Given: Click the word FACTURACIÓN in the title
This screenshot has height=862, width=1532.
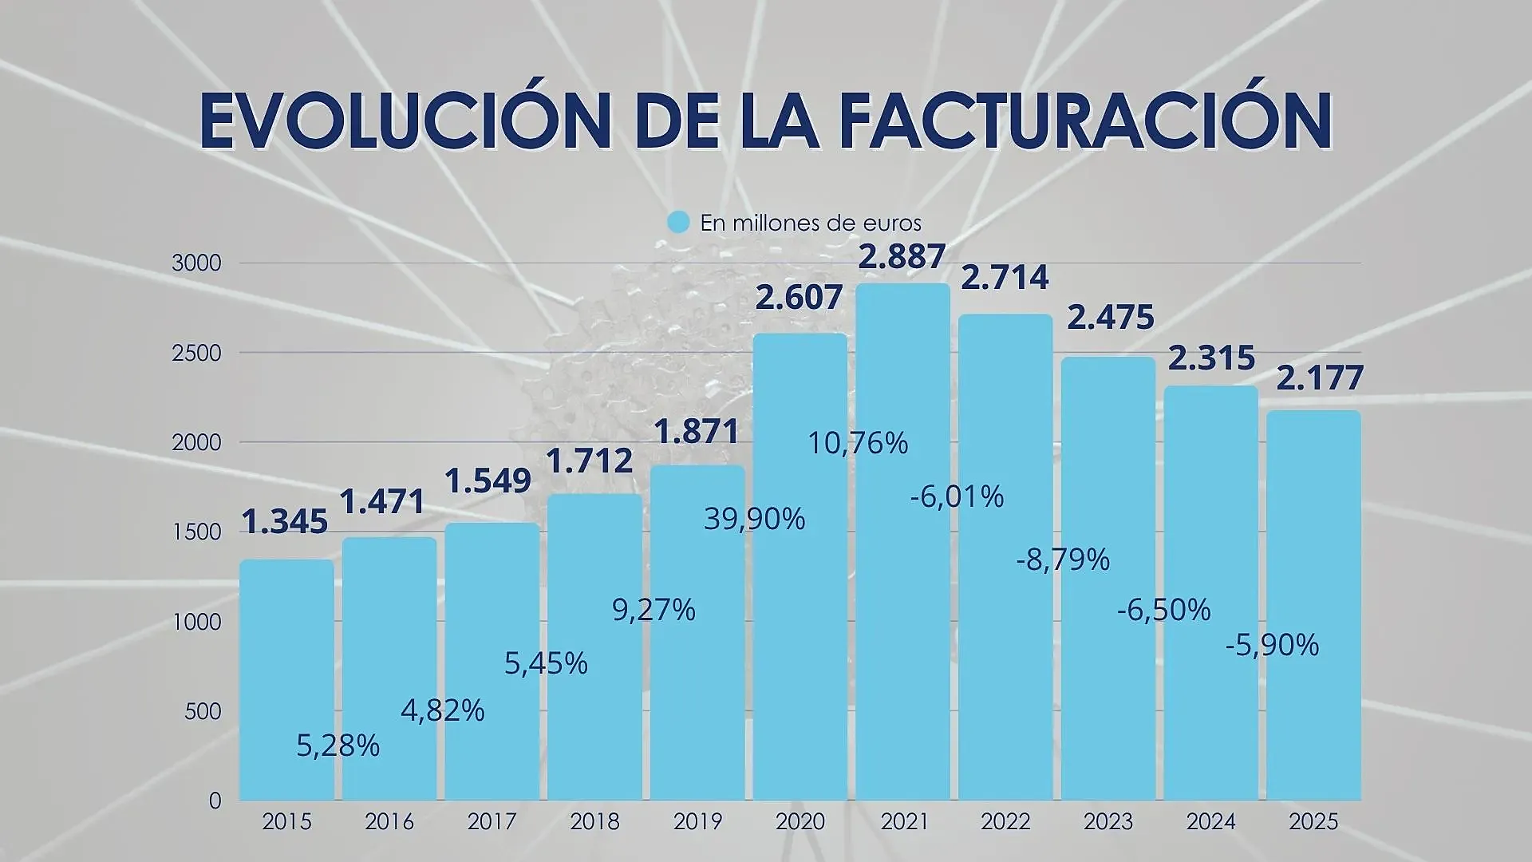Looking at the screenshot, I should (x=1086, y=121).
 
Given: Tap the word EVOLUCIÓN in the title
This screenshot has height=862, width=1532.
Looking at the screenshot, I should (x=405, y=121).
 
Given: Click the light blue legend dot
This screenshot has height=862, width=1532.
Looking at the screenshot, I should (x=677, y=222).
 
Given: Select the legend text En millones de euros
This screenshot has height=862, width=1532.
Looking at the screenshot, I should (x=810, y=223).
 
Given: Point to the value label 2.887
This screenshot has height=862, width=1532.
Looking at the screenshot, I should (x=902, y=257).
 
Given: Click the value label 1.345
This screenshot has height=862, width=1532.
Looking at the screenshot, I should (x=284, y=522).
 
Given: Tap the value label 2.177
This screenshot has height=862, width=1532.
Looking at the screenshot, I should (x=1320, y=378).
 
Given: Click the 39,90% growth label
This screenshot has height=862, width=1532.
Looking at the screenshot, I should (x=754, y=520).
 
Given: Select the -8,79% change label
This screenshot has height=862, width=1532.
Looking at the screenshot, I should (x=1063, y=560).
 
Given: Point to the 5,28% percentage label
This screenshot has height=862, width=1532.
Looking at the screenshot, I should (x=338, y=746).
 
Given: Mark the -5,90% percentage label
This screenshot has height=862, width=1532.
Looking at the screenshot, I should (x=1272, y=645).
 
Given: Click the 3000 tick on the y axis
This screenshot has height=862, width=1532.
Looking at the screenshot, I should (x=196, y=263).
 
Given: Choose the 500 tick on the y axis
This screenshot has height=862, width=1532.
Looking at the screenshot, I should (x=203, y=711).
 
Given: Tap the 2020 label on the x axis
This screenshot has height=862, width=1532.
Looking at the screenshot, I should (x=800, y=821).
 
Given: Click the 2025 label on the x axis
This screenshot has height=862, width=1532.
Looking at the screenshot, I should (x=1313, y=821).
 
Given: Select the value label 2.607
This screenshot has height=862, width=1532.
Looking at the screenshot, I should (x=799, y=298).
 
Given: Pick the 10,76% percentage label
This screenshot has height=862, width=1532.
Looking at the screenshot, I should (x=858, y=444).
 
